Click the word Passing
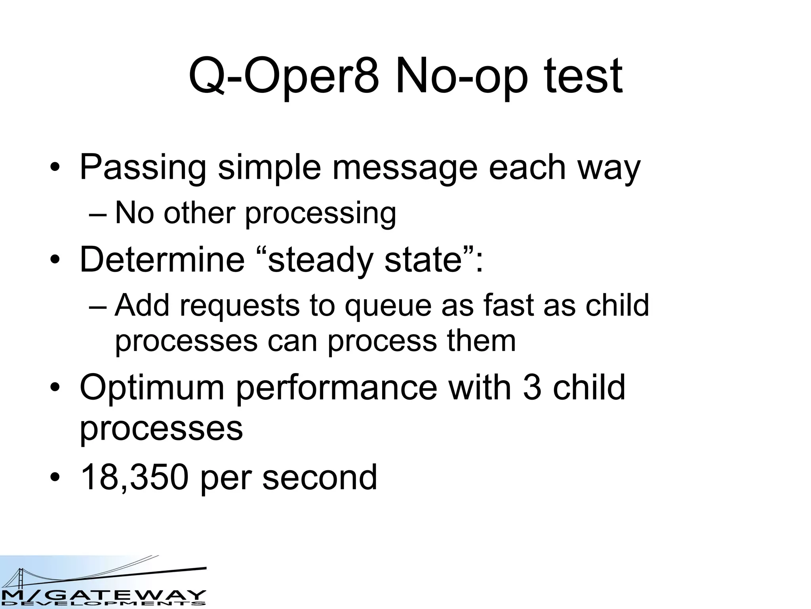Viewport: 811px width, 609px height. [x=143, y=167]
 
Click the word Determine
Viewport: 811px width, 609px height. [x=162, y=259]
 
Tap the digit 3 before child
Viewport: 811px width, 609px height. [x=532, y=387]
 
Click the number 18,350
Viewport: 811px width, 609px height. [x=134, y=477]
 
